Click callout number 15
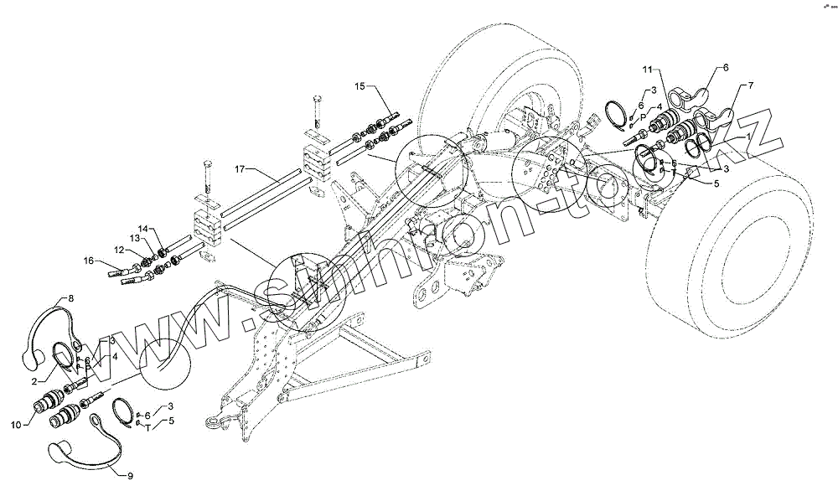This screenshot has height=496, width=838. pyautogui.click(x=360, y=86)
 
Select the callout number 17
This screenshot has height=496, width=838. pyautogui.click(x=240, y=169)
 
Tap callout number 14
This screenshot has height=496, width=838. pyautogui.click(x=142, y=229)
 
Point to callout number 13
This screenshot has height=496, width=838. pyautogui.click(x=135, y=239)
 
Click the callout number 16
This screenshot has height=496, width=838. pyautogui.click(x=89, y=261)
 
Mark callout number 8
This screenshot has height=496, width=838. pyautogui.click(x=71, y=298)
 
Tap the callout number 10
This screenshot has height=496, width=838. pyautogui.click(x=15, y=425)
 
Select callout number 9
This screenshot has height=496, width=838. pyautogui.click(x=130, y=475)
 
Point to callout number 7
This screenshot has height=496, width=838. pyautogui.click(x=750, y=85)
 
